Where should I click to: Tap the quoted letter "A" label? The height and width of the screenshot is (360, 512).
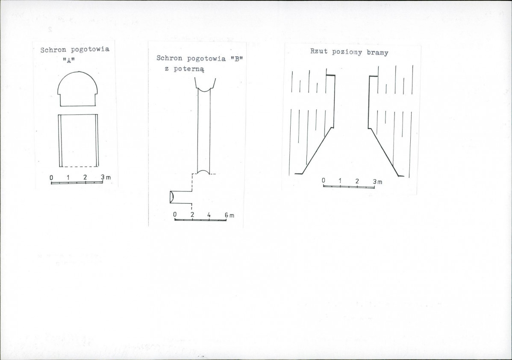click(69, 60)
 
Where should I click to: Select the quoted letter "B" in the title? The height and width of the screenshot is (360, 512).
click(236, 59)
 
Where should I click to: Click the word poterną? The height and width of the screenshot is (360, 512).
click(189, 69)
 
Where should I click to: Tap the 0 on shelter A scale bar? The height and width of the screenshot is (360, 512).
click(51, 178)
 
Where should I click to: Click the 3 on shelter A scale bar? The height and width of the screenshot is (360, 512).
click(103, 177)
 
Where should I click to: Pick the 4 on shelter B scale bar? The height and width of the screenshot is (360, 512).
click(209, 215)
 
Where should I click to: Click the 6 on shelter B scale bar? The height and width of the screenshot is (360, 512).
click(226, 215)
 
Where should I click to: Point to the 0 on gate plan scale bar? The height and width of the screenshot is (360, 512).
click(323, 180)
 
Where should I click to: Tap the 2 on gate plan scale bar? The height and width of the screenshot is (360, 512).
click(357, 181)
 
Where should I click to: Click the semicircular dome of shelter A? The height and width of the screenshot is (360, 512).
click(78, 71)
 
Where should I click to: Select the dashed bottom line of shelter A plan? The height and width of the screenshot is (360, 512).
click(80, 167)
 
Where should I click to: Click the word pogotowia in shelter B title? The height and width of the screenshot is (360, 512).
click(206, 59)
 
